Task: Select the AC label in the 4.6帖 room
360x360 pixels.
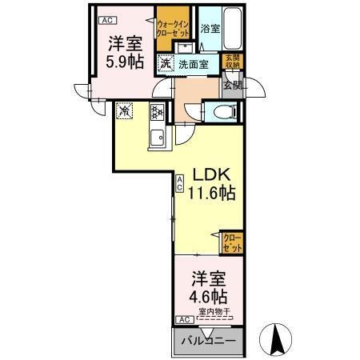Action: pyautogui.click(x=182, y=319)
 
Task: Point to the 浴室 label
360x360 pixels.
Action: pyautogui.click(x=210, y=29)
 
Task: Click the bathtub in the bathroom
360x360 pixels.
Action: pyautogui.click(x=234, y=27)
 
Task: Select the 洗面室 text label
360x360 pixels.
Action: pyautogui.click(x=194, y=64)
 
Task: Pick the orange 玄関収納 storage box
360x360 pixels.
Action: pyautogui.click(x=230, y=62)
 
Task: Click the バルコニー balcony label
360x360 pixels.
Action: pyautogui.click(x=207, y=340)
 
